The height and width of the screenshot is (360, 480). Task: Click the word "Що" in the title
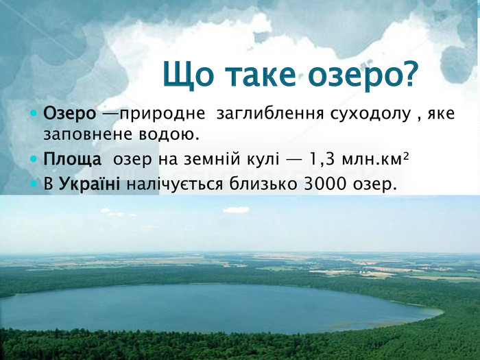point(188,75)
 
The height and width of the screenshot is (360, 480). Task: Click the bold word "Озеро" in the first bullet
point(69,114)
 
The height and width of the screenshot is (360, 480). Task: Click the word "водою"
point(169,134)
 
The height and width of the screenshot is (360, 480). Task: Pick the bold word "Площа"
point(72,159)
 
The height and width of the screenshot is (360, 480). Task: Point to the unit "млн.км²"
point(375,159)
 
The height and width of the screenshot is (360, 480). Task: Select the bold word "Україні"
point(89,184)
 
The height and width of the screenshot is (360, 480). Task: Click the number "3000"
point(325,184)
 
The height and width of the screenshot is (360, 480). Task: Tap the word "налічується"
point(175,184)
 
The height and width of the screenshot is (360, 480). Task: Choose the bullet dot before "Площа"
point(34,160)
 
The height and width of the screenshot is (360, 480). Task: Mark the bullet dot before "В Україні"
point(34,184)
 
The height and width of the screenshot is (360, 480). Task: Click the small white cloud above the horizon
point(236,210)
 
